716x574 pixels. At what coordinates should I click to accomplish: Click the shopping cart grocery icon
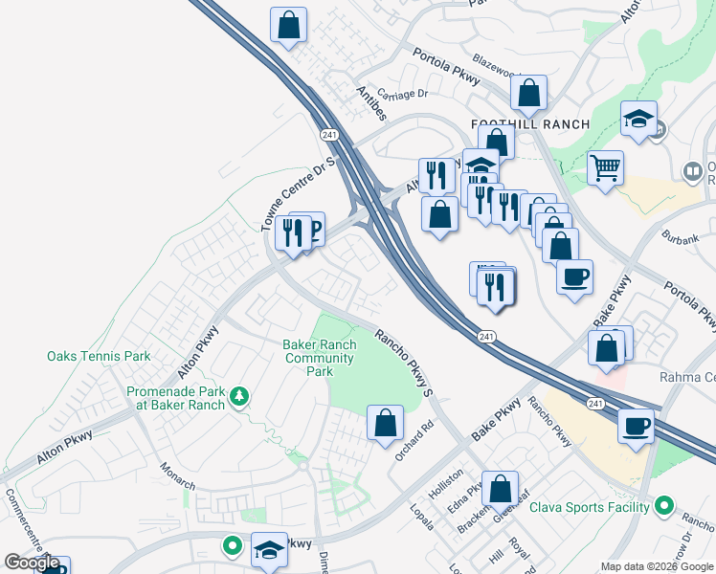(605, 169)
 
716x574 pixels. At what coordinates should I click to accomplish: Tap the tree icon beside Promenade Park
(239, 395)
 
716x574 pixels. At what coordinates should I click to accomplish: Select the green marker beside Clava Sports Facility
(665, 507)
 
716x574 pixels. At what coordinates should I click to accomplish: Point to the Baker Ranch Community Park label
(320, 358)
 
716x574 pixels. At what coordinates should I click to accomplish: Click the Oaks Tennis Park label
(99, 356)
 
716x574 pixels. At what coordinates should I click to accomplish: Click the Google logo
(33, 563)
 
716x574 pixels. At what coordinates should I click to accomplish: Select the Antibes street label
(371, 103)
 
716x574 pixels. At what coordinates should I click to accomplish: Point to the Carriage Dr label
(400, 94)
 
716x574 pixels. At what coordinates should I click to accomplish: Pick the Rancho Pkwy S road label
(404, 363)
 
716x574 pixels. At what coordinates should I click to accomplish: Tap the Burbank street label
(681, 231)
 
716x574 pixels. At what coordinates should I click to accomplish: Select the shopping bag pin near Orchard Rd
(385, 422)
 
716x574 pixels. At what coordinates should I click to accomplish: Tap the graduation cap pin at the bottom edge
(269, 549)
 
